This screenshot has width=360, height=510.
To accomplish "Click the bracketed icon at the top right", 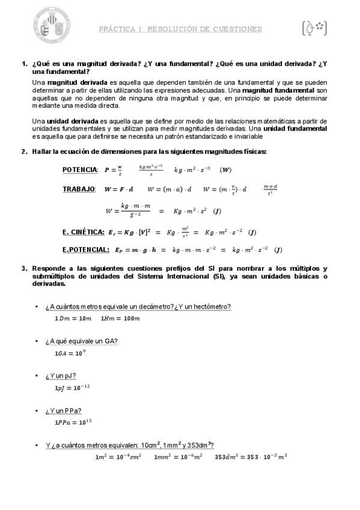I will click(314, 28).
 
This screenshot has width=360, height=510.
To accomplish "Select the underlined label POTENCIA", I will click(79, 170).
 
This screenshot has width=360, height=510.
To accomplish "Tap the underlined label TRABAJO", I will click(79, 189).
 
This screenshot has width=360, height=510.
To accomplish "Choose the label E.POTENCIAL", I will click(85, 250).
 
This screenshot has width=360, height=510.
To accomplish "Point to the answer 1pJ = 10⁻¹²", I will click(72, 387).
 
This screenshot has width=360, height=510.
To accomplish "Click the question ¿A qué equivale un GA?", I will click(81, 342).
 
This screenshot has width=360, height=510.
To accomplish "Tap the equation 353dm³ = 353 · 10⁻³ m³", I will click(251, 457).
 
